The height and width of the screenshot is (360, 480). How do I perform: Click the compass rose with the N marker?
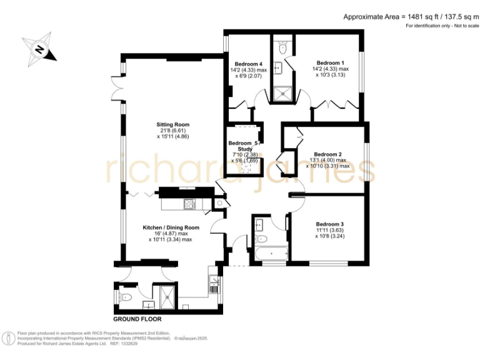tap(38, 49)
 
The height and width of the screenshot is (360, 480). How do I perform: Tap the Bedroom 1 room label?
tap(330, 62)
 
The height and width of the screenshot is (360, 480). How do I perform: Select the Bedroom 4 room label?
tap(248, 64)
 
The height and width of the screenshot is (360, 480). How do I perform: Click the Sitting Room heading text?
tap(172, 124)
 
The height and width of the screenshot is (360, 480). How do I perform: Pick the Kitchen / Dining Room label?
tap(171, 227)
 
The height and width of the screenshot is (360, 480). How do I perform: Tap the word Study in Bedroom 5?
tap(244, 149)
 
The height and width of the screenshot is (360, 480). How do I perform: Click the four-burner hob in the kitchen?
tap(188, 204)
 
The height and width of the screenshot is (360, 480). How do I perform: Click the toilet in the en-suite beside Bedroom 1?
tap(282, 47)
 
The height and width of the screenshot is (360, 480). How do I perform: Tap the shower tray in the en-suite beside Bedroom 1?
tap(282, 94)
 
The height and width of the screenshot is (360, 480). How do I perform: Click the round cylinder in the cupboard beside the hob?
tap(221, 203)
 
